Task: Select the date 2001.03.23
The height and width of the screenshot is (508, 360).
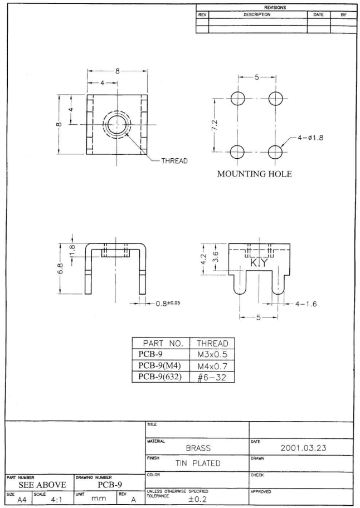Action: point(314,446)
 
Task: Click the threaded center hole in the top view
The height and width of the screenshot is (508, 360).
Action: point(116,123)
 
